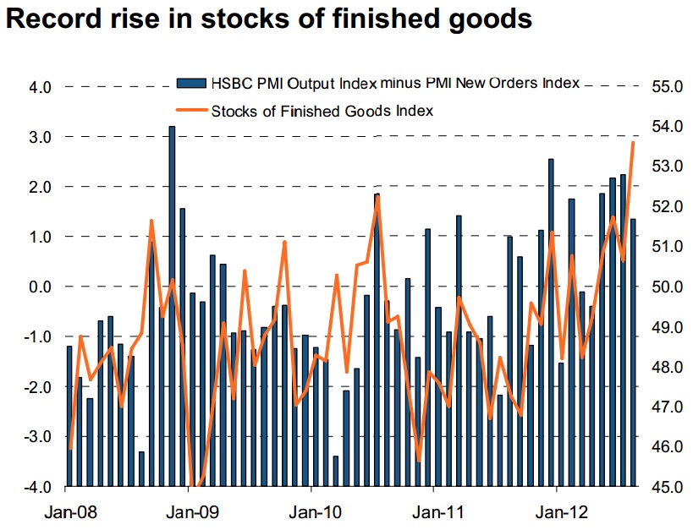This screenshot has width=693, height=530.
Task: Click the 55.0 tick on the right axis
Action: pyautogui.click(x=666, y=86)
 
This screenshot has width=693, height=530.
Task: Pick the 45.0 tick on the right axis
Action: pyautogui.click(x=666, y=487)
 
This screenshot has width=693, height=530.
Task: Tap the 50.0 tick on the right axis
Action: pyautogui.click(x=666, y=287)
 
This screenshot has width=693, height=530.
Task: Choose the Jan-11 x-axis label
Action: pyautogui.click(x=435, y=511)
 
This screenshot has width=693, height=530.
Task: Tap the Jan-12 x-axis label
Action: pyautogui.click(x=558, y=511)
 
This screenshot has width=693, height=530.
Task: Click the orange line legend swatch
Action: pyautogui.click(x=190, y=110)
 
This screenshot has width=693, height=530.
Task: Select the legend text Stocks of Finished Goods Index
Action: pyautogui.click(x=322, y=110)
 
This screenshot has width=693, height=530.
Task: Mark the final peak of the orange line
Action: pyautogui.click(x=633, y=143)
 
